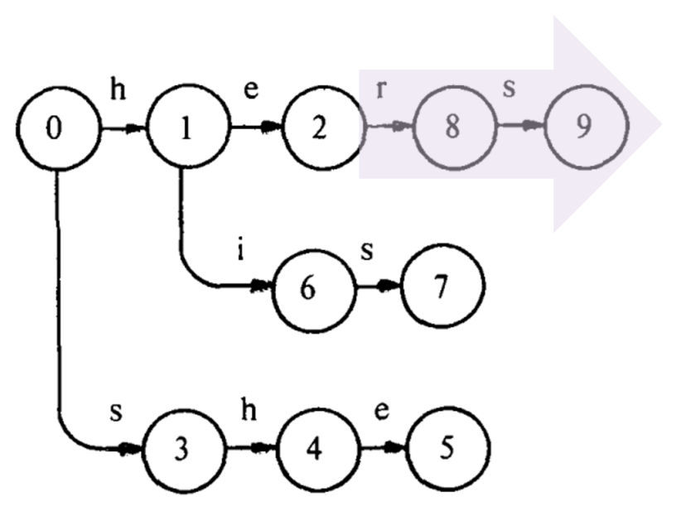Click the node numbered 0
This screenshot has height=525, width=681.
coord(55,131)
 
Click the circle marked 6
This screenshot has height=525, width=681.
coord(306,291)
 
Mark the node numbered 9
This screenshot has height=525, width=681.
coord(582,131)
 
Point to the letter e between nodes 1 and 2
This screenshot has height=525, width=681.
coord(251,89)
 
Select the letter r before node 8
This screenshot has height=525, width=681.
coord(381,89)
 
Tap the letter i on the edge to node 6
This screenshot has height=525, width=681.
coord(240,251)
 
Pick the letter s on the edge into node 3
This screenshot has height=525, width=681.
coord(117,411)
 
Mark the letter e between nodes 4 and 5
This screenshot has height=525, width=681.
coord(379,411)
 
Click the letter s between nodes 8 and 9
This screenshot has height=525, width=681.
coord(509,89)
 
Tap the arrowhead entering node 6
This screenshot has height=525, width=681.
coord(264,287)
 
